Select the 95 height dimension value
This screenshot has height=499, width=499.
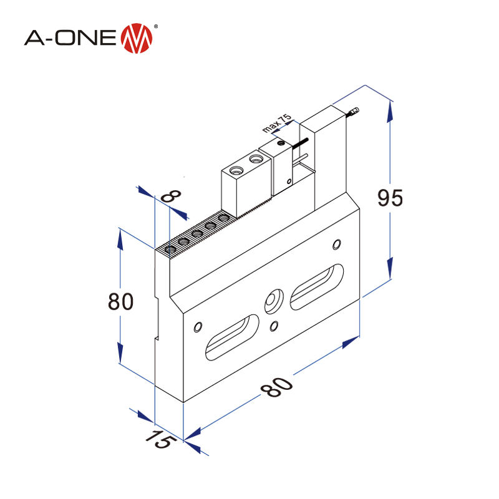click(x=391, y=198)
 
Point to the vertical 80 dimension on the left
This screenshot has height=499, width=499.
click(x=120, y=301)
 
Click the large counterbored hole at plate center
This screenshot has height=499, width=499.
click(x=273, y=300)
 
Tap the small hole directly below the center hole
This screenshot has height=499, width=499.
click(x=274, y=325)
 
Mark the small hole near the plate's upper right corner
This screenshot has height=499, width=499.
click(x=337, y=242)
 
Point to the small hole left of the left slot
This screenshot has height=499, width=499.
click(x=198, y=326)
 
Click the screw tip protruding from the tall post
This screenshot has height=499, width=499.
click(x=354, y=113)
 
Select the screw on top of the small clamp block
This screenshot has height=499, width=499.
click(x=281, y=143)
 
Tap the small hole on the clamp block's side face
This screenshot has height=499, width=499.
click(x=289, y=182)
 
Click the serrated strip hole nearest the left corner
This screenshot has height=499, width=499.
click(x=170, y=249)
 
